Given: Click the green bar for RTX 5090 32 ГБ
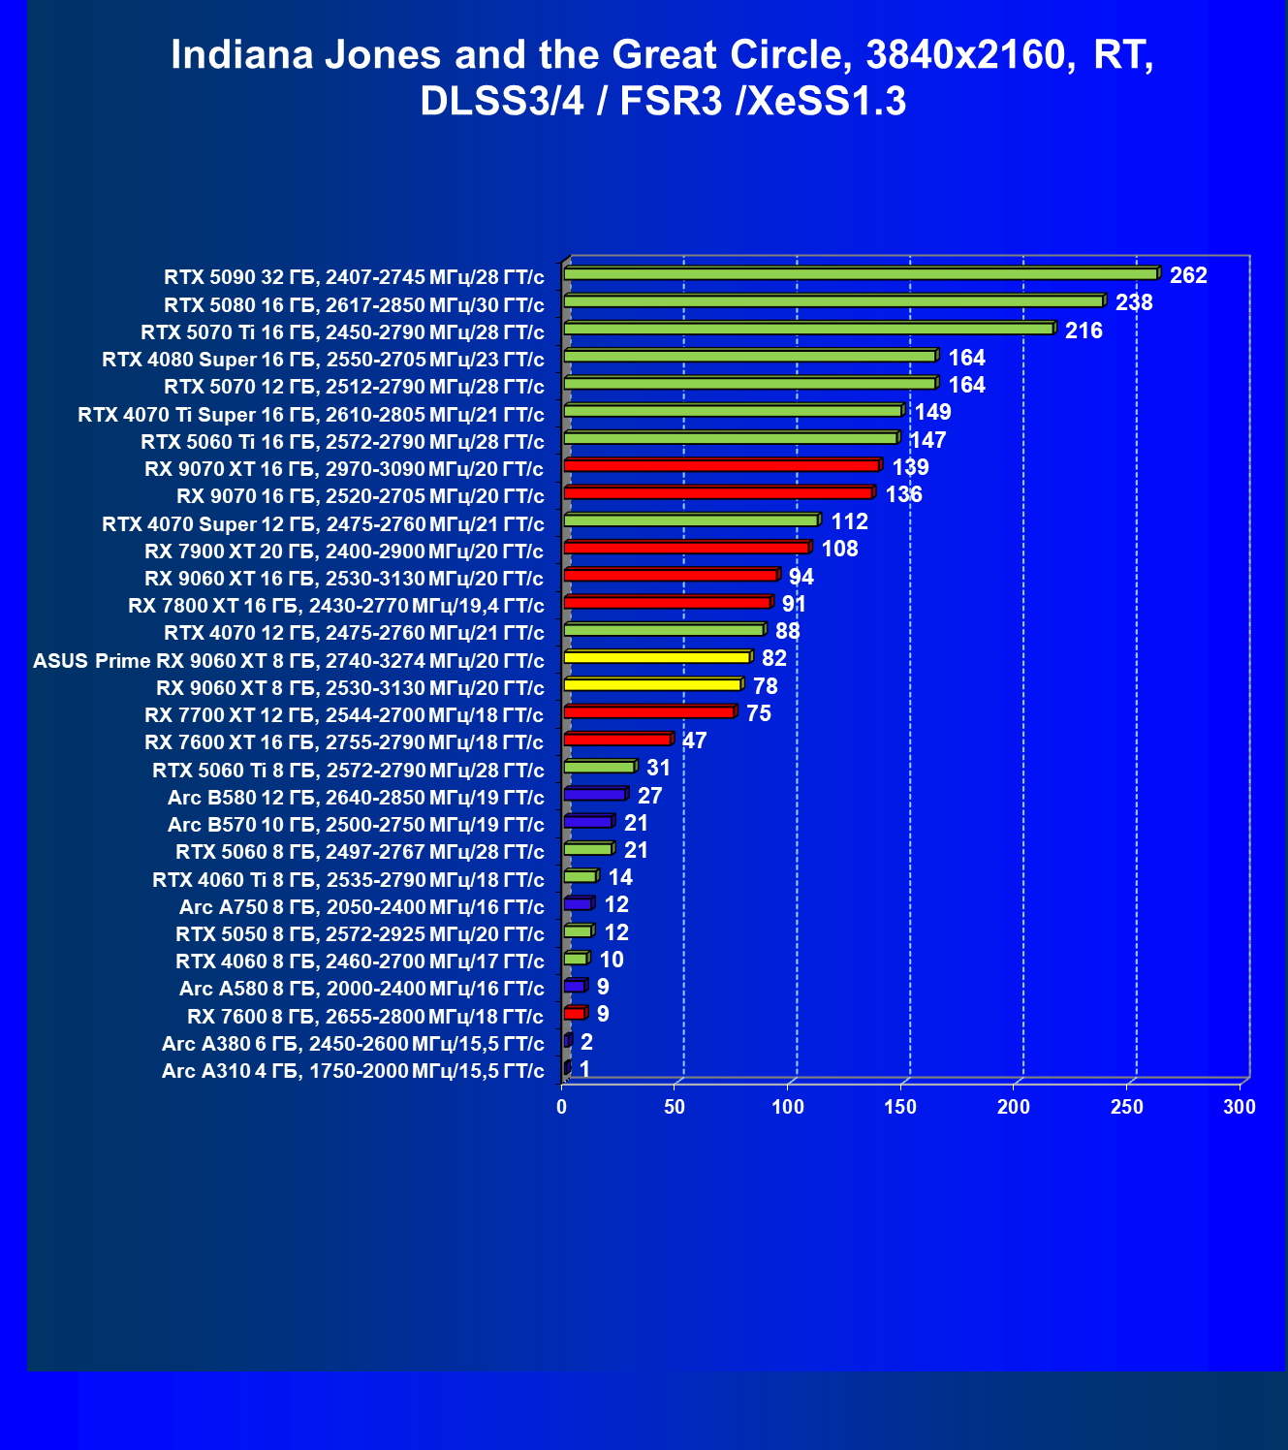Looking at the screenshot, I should (861, 274).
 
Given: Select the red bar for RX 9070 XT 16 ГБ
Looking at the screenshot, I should (721, 466).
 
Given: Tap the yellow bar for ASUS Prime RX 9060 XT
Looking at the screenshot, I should (657, 657).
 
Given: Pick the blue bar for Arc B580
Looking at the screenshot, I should (595, 794).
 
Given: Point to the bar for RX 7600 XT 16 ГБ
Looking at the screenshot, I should (617, 740).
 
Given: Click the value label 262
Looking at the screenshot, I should (1188, 275).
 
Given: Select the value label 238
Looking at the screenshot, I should (1134, 302).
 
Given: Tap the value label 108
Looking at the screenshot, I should (839, 549).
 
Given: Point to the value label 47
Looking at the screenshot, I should (694, 741).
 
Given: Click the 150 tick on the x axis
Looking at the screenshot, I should (901, 1107).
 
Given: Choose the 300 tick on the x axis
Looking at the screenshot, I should (1240, 1107).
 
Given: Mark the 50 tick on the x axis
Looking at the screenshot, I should (675, 1107).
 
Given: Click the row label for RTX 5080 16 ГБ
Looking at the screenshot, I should (354, 305).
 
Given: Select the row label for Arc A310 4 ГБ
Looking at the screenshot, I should (353, 1071).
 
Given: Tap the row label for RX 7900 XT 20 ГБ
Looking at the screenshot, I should (344, 552).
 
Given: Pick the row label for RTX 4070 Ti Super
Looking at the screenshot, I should (311, 415).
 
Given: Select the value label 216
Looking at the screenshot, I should (1084, 331).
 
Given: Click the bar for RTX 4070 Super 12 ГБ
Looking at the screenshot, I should (691, 520).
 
